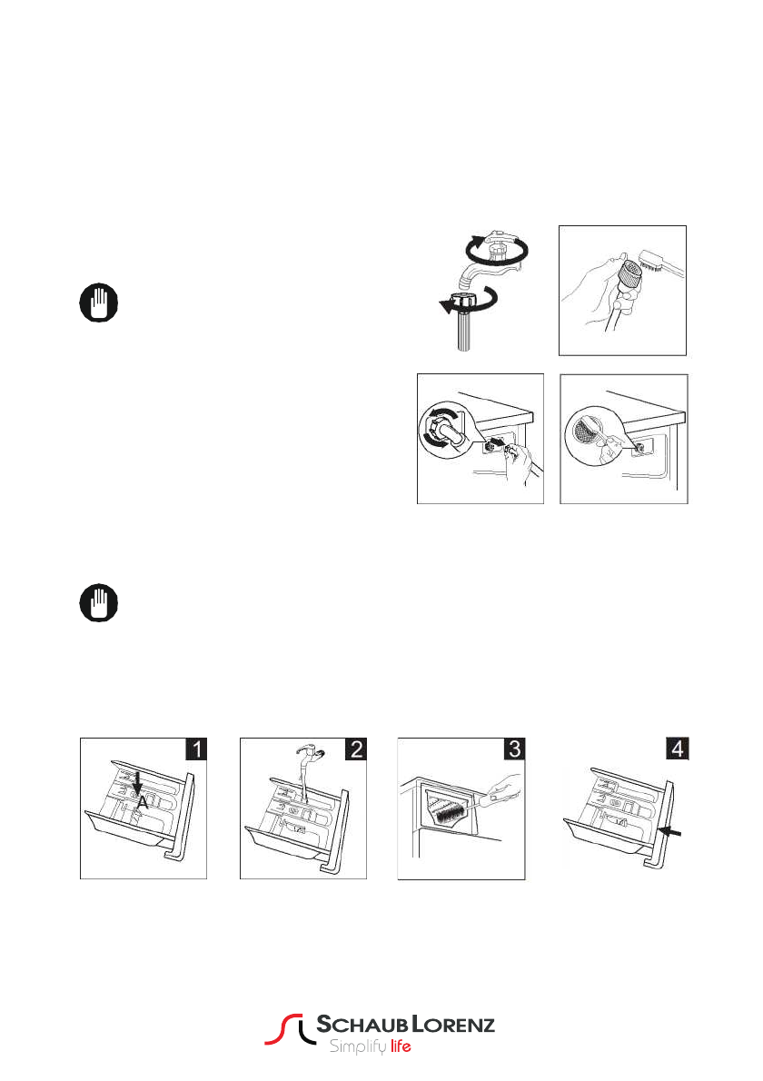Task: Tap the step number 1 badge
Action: point(196,749)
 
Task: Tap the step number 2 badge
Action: point(356,749)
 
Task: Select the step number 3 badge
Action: point(515,749)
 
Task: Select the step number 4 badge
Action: point(676,749)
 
